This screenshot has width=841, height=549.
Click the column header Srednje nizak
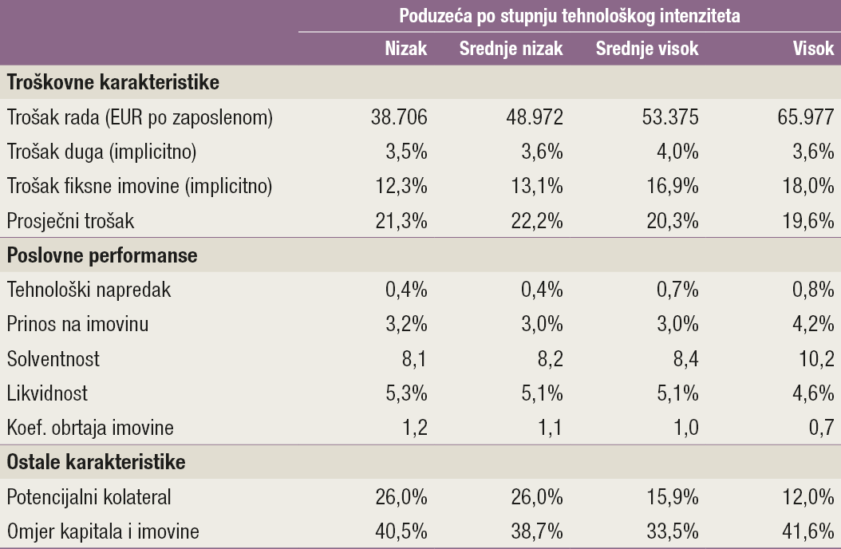coord(511,49)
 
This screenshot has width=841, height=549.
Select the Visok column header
coord(814,49)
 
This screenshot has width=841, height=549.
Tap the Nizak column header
coord(406,49)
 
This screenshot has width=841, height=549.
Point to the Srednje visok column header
coord(647,49)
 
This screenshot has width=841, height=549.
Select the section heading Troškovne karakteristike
coord(113,83)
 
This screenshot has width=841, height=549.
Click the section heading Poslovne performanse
coord(102,256)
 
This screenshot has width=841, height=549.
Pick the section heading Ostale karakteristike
coord(97,463)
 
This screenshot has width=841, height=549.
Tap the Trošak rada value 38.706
coord(399,118)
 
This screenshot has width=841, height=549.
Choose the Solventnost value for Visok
coord(816,359)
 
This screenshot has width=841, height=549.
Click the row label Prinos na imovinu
coord(77,325)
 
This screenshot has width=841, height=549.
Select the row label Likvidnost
coord(47,393)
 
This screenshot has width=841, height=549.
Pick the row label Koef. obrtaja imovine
coord(90,429)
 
